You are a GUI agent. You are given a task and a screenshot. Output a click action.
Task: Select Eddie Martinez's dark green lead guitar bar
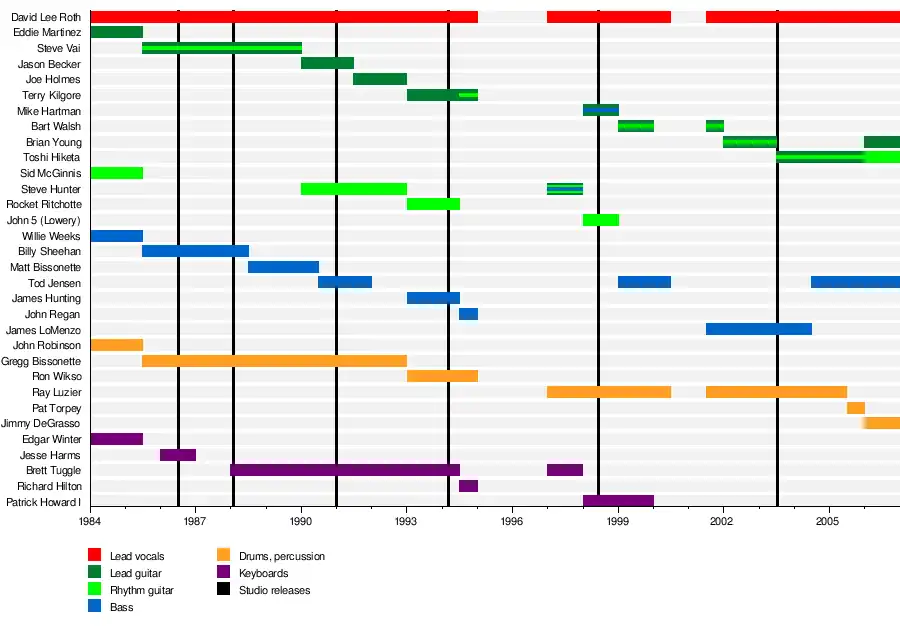tap(116, 32)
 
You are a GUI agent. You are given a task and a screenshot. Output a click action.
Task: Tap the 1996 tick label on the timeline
tap(512, 521)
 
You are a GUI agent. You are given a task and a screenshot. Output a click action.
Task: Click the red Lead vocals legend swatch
tap(95, 556)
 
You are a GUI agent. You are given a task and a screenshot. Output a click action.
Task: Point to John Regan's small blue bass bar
tap(468, 314)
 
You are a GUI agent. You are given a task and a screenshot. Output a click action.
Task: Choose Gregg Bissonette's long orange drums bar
tap(274, 361)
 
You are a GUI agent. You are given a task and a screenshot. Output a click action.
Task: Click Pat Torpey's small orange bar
tap(855, 408)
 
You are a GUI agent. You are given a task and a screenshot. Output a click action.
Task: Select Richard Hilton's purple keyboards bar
tap(468, 486)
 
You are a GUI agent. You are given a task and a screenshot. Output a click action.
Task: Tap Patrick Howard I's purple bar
tap(618, 501)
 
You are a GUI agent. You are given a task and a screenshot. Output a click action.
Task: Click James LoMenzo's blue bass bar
tap(758, 329)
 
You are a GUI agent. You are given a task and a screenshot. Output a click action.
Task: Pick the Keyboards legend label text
tap(264, 573)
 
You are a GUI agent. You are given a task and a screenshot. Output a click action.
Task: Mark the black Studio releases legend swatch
tap(223, 590)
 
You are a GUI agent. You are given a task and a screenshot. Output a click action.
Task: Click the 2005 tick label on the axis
tap(828, 521)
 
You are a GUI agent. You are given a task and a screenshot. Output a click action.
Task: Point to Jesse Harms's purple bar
tap(178, 455)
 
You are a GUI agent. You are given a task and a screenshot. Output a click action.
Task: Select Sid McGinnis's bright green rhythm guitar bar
tap(116, 173)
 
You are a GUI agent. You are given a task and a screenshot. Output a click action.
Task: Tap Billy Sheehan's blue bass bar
tap(195, 251)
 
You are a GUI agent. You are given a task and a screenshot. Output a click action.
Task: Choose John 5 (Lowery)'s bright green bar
tap(600, 220)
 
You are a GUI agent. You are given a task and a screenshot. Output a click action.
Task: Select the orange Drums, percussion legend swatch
tap(223, 556)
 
